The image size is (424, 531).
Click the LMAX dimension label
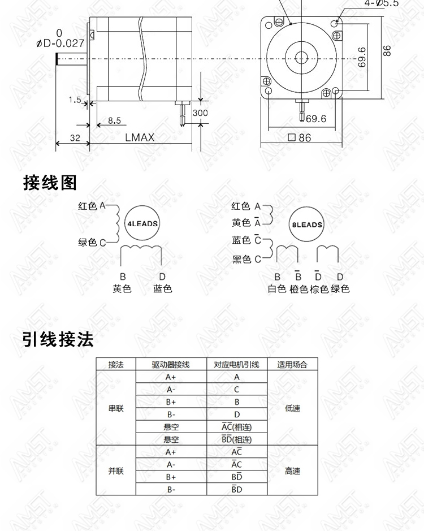point(140,137)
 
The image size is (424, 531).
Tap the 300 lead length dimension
point(200,113)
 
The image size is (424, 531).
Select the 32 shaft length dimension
point(75,138)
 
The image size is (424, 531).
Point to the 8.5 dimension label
point(114,120)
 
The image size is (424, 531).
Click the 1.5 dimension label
point(75,100)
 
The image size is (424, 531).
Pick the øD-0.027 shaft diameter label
point(60,38)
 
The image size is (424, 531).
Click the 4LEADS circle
point(142,223)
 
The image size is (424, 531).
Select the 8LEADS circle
point(307,225)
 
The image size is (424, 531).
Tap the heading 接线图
point(50,183)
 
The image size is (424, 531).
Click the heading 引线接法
point(58,339)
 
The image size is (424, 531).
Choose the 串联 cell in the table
point(116,408)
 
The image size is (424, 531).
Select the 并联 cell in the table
point(116,470)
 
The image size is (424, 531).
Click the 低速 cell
point(292,408)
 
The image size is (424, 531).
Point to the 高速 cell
point(292,470)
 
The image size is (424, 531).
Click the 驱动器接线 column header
point(171,365)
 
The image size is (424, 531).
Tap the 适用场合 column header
point(292,365)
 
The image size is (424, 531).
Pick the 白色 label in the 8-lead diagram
point(277,289)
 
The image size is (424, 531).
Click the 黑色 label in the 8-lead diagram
point(241,260)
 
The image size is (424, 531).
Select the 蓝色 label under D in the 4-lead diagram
point(163,289)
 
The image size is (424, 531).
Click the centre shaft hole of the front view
point(301,57)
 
